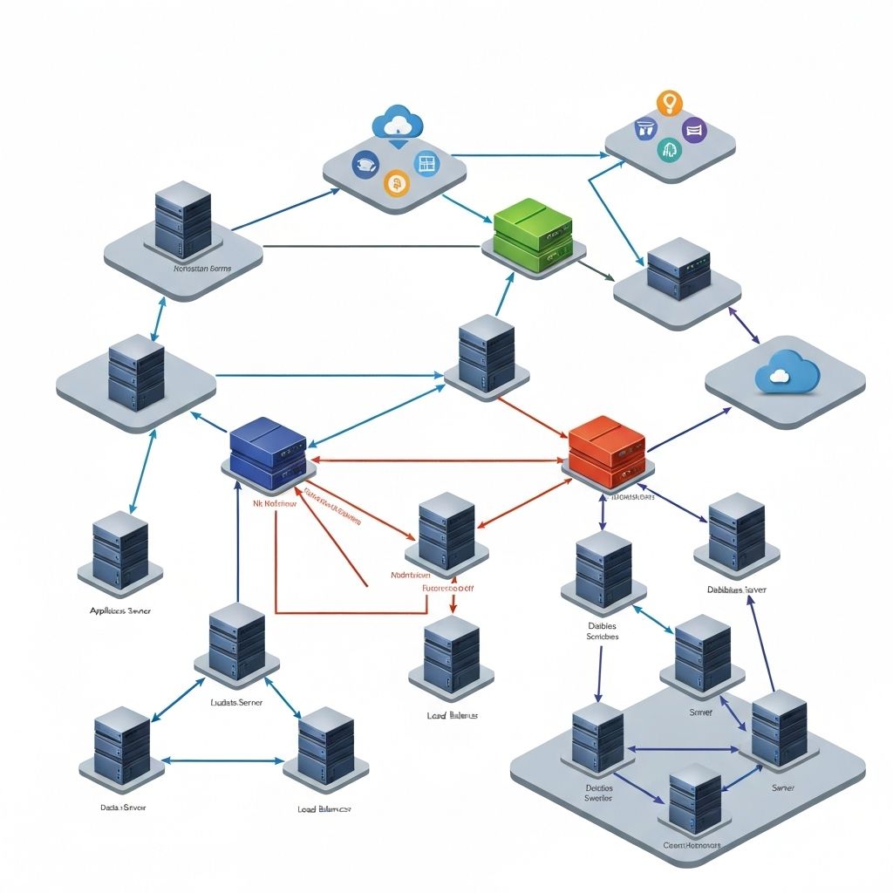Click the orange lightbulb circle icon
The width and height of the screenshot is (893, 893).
coord(669,103)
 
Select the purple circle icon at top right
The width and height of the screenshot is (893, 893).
coord(694,131)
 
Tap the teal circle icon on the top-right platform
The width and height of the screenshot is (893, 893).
coord(668,149)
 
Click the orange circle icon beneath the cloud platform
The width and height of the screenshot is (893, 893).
coord(397,182)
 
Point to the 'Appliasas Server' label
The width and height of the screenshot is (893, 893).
coord(120,611)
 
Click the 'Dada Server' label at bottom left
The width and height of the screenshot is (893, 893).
coord(123,808)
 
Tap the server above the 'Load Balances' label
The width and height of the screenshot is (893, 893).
coord(451,655)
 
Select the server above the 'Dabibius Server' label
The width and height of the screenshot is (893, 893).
coord(737,532)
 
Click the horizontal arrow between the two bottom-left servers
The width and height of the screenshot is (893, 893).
coord(223,760)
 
